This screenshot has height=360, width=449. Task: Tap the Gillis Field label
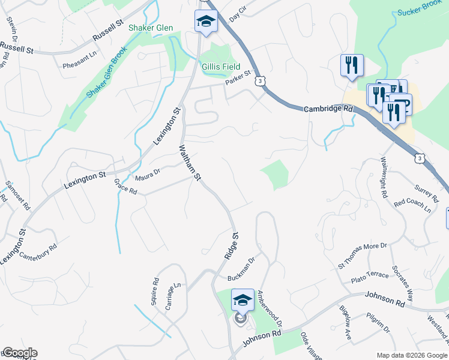(221, 67)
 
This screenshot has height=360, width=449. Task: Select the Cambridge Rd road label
(328, 109)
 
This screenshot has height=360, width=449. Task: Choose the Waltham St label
(189, 161)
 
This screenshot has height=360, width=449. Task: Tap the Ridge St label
(231, 246)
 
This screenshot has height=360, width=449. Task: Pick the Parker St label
(237, 80)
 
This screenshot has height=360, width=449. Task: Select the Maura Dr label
(148, 173)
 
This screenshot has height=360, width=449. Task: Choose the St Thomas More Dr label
(363, 254)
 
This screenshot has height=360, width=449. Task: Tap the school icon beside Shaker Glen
(206, 22)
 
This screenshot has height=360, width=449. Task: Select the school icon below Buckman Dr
(243, 300)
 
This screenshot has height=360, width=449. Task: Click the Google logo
(19, 353)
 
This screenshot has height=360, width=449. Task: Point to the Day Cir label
(238, 11)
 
